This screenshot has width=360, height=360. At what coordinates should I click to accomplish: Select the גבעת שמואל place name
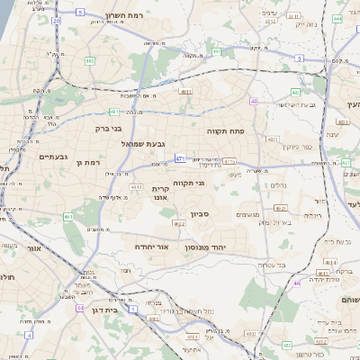(143, 142)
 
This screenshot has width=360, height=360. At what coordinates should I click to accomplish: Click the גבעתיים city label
(53, 157)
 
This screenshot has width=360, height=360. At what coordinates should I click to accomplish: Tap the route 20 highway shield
(57, 20)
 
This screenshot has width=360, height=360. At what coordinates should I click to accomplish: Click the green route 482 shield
(90, 61)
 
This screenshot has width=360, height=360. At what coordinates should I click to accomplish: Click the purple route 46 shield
(297, 283)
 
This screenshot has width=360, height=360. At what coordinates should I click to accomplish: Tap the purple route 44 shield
(80, 308)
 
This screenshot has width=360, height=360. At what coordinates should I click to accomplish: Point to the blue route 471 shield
(180, 158)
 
